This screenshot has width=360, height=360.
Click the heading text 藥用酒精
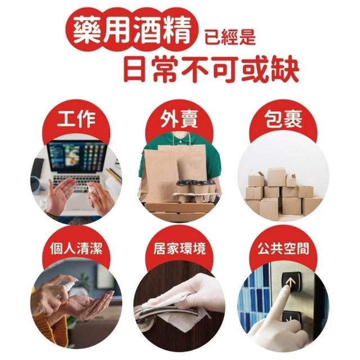pyautogui.click(x=133, y=31)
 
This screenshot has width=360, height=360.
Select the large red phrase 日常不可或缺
pyautogui.click(x=211, y=69)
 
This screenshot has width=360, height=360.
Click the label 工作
pyautogui.click(x=76, y=119)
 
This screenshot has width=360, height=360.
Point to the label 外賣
pyautogui.click(x=179, y=119)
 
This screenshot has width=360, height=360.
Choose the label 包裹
pyautogui.click(x=283, y=119)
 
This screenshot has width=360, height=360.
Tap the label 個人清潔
pyautogui.click(x=76, y=248)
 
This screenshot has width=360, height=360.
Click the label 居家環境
pyautogui.click(x=179, y=248)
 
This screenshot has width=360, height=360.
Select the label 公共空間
pyautogui.click(x=283, y=248)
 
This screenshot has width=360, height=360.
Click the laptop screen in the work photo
pyautogui.click(x=77, y=157)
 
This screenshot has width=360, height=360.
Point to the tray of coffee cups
pyautogui.click(x=195, y=191)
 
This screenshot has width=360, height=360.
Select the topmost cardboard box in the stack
pyautogui.click(x=276, y=177)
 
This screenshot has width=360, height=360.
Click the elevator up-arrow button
pyautogui.click(x=291, y=282)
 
